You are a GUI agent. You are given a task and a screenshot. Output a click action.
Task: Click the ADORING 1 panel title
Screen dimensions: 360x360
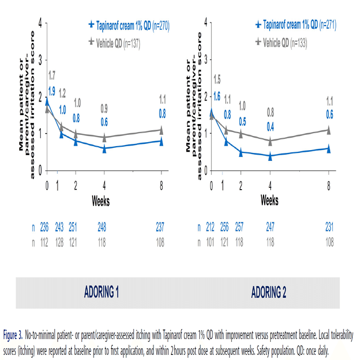[102, 293]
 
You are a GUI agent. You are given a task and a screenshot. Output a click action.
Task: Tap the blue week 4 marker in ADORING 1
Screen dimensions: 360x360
[104, 149]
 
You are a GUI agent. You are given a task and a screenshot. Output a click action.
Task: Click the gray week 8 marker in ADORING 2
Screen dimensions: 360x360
[328, 130]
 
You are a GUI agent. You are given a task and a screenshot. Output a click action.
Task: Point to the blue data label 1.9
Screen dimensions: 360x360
[51, 91]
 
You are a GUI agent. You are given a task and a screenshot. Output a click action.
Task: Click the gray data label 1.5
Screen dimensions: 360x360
[216, 79]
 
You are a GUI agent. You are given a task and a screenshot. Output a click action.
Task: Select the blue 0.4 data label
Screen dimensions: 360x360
[270, 125]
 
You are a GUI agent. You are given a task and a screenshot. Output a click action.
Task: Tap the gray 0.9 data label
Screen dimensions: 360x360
[104, 108]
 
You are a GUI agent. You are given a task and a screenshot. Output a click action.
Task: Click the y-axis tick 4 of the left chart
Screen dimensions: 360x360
[39, 23]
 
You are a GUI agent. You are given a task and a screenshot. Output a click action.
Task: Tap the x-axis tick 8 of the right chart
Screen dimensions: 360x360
[328, 187]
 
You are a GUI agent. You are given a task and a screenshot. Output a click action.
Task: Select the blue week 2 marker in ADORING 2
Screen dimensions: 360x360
[241, 152]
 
